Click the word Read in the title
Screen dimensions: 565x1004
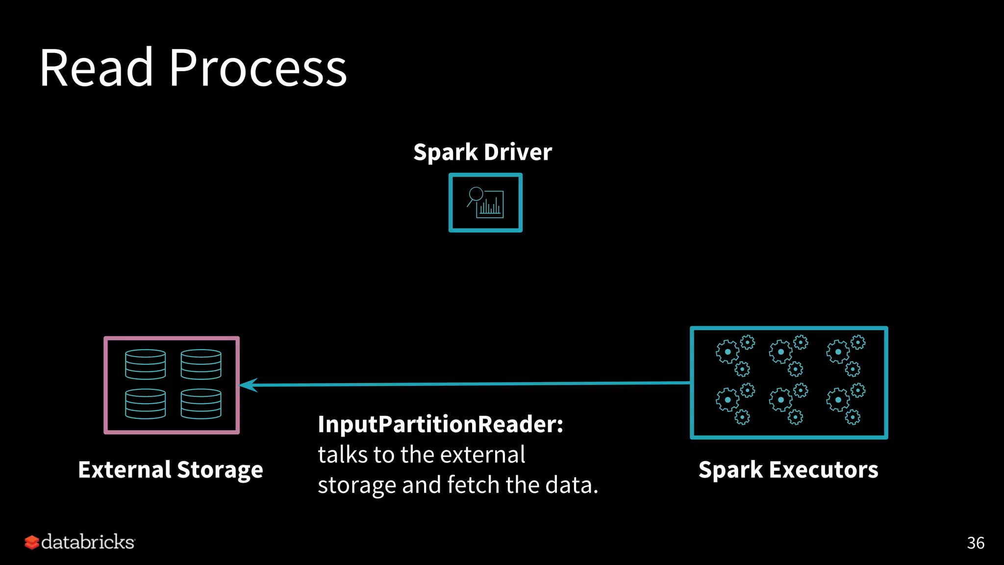96,69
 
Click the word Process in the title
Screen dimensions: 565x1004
258,69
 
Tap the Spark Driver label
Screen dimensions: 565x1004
482,152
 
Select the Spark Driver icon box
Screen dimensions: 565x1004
485,203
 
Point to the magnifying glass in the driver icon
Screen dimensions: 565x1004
476,194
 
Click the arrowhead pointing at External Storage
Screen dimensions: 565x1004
248,385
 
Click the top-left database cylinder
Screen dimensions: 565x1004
145,364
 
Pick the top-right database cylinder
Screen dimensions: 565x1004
201,364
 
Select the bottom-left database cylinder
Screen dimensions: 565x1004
145,404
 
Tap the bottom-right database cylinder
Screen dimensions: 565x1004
201,404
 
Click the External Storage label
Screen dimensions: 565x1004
171,470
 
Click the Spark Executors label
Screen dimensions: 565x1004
788,470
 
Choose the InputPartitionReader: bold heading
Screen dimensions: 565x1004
440,424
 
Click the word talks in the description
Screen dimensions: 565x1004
343,455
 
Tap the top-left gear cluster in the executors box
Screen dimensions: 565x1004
735,355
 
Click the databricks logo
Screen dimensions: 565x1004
79,542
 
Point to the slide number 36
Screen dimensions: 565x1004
976,543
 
